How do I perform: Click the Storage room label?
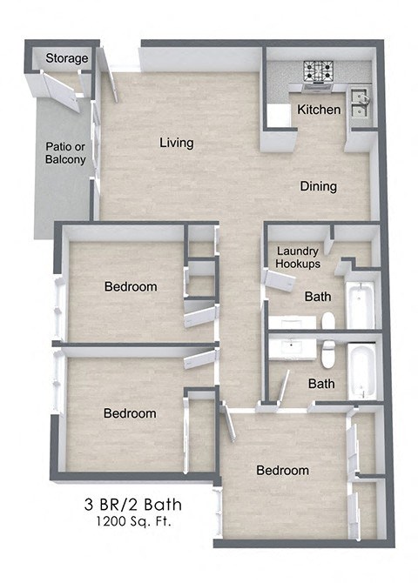point(67,58)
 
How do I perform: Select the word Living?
point(176,143)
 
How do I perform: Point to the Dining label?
point(318,186)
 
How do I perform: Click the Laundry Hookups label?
point(298,257)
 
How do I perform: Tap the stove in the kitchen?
point(317,71)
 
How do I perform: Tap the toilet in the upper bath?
point(327,321)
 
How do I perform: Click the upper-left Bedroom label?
point(131,287)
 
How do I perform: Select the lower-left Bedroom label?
point(130,413)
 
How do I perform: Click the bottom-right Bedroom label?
point(282,471)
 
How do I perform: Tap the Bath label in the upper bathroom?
point(318,297)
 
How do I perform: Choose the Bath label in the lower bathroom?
point(321,383)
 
